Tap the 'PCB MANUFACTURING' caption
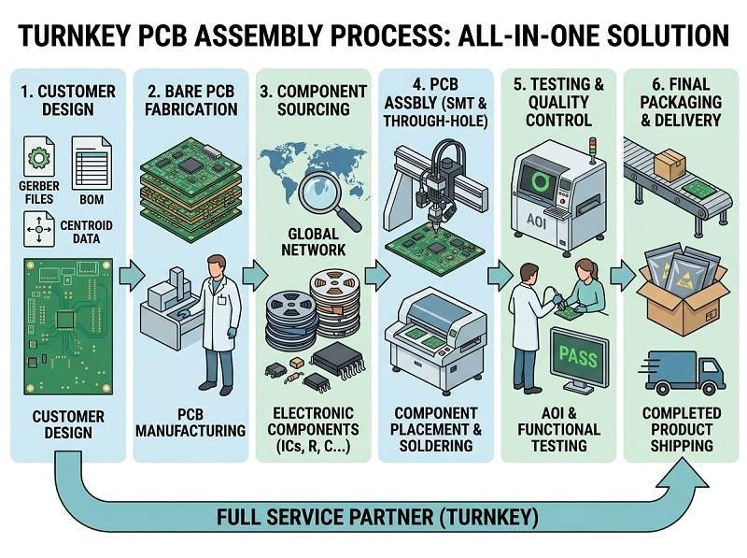pos(190,422)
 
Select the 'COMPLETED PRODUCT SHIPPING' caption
pos(681,429)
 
